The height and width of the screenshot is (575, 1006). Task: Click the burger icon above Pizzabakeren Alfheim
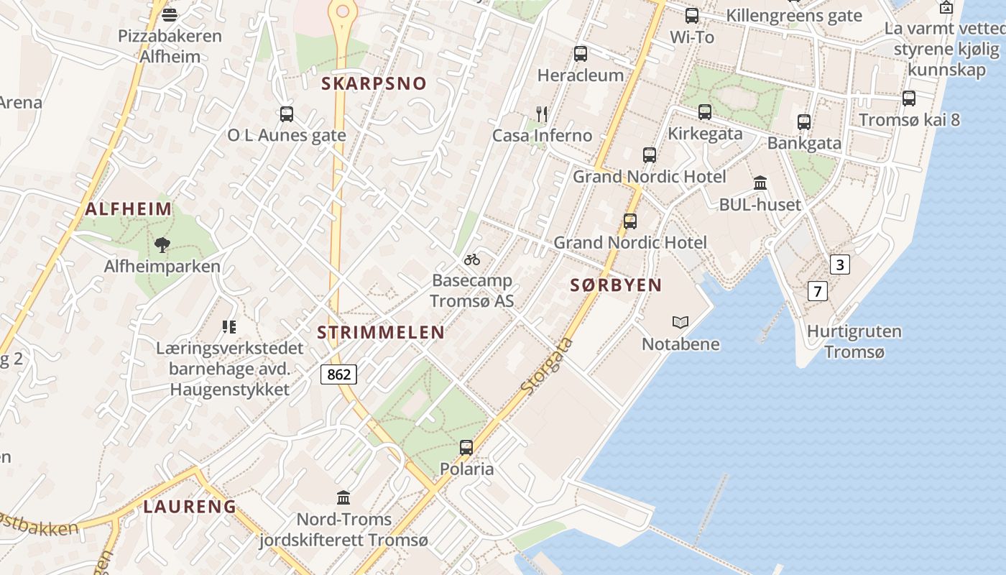pos(170,14)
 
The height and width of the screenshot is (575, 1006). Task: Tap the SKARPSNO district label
pos(374,83)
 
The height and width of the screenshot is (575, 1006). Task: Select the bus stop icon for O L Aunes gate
pos(286,114)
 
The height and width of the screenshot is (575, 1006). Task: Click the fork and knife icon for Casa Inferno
pos(542,114)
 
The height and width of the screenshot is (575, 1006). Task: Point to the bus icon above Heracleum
pos(580,53)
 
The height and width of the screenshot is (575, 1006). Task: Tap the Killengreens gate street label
pos(793,16)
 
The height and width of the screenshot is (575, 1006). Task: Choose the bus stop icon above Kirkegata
pos(704,111)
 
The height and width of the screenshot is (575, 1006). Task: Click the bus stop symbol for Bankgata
pos(803,121)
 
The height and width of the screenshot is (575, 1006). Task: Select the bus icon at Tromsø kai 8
pos(908,98)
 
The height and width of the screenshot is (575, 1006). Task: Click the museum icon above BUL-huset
pos(760,183)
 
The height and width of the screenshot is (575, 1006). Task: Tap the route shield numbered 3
pos(839,264)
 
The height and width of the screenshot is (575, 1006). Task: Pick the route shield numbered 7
pos(817,291)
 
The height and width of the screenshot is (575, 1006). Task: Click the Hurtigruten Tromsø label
pos(854,342)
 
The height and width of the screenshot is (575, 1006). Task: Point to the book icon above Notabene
pos(680,322)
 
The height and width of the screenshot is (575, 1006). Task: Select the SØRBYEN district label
pos(616,285)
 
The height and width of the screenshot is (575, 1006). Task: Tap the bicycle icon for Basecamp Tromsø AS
pos(471,259)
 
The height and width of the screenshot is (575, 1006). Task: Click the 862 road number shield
pos(338,374)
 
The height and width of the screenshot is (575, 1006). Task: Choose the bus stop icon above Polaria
pos(466,448)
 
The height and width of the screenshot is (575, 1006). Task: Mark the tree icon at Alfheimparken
pos(162,245)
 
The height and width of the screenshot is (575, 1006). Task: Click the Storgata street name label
pos(548,366)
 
